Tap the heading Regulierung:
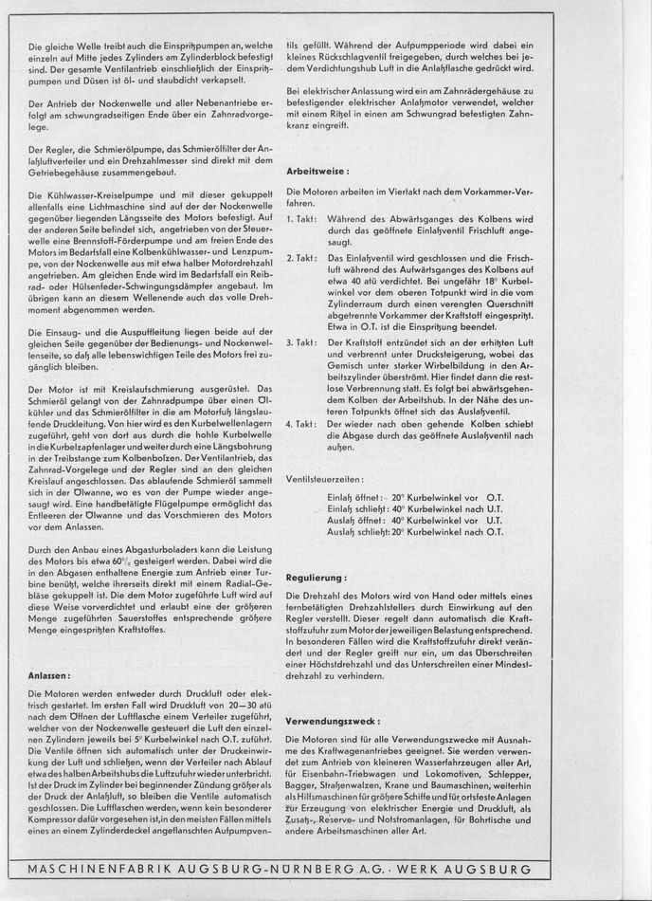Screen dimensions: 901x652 coord(316,576)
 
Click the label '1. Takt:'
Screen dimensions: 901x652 coord(300,219)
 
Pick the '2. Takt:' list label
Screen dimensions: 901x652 coord(300,257)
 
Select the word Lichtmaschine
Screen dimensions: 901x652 coord(109,205)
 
